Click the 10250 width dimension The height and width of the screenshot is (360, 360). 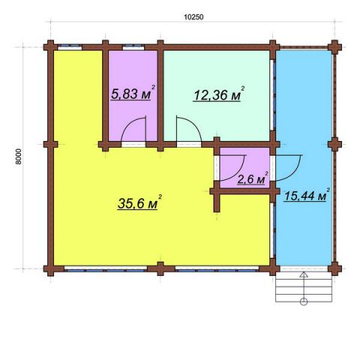click(193, 17)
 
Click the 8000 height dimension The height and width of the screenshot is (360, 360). click(19, 157)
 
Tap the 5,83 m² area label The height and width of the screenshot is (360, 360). click(133, 92)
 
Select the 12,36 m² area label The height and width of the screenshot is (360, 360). click(219, 94)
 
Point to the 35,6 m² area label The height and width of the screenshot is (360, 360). click(139, 202)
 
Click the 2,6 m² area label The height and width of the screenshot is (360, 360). click(253, 178)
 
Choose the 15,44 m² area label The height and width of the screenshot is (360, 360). click(307, 194)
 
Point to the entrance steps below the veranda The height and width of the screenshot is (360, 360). click(304, 287)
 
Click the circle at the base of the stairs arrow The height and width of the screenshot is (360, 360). click(304, 301)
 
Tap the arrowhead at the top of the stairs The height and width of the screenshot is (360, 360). click(304, 274)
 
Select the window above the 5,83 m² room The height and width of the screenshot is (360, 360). click(133, 46)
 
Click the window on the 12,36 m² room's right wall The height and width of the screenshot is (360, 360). click(272, 95)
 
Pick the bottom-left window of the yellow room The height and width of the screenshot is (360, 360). click(106, 269)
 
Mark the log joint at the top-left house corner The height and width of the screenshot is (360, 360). click(51, 47)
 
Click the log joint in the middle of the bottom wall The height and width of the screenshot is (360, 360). click(160, 269)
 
